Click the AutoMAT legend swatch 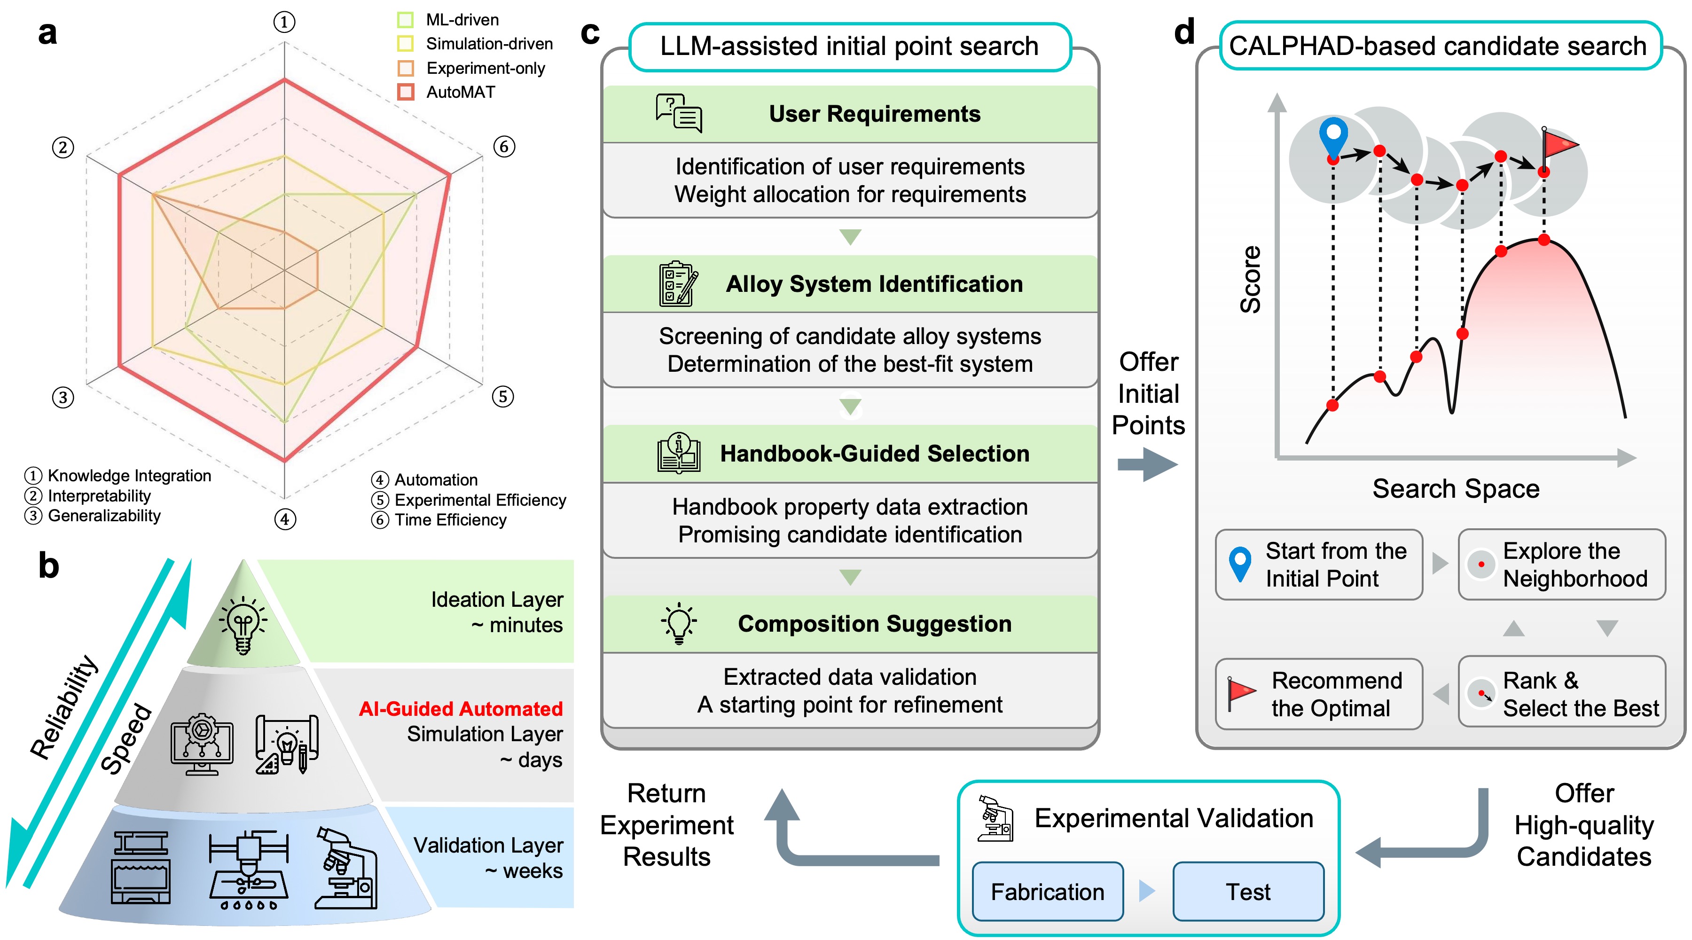tap(406, 92)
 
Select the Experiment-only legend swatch tap(406, 68)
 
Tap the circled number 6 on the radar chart tap(504, 147)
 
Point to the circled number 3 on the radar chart tap(63, 398)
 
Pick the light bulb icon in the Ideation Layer tap(243, 625)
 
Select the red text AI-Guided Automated tap(461, 709)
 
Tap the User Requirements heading tap(874, 114)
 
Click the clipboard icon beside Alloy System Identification tap(678, 284)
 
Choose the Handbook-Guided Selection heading tap(874, 454)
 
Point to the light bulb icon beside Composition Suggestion tap(679, 623)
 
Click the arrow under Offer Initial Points tap(1147, 464)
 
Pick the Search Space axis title tap(1456, 489)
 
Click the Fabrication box tap(1047, 892)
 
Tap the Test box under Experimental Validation tap(1248, 892)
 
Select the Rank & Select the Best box tap(1561, 694)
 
